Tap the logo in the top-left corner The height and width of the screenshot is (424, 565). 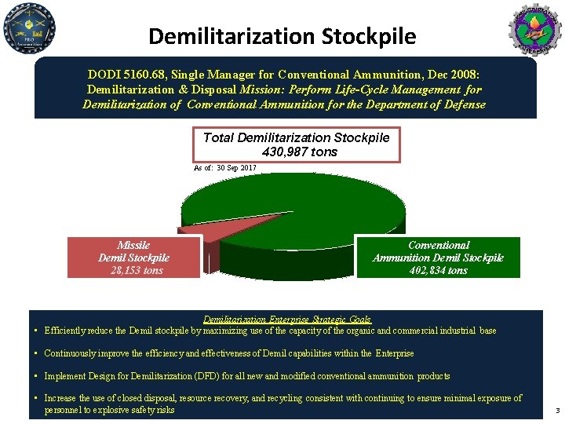click(29, 28)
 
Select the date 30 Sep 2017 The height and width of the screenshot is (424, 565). click(232, 168)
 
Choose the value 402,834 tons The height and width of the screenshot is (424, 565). click(437, 270)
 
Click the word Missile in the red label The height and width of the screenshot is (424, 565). click(133, 245)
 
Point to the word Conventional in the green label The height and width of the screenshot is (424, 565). click(439, 245)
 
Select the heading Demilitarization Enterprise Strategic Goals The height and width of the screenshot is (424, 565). click(286, 320)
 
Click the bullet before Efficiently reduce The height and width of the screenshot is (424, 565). click(37, 331)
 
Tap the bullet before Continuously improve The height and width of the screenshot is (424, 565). click(37, 353)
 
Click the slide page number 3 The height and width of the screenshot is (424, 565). click(556, 411)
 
